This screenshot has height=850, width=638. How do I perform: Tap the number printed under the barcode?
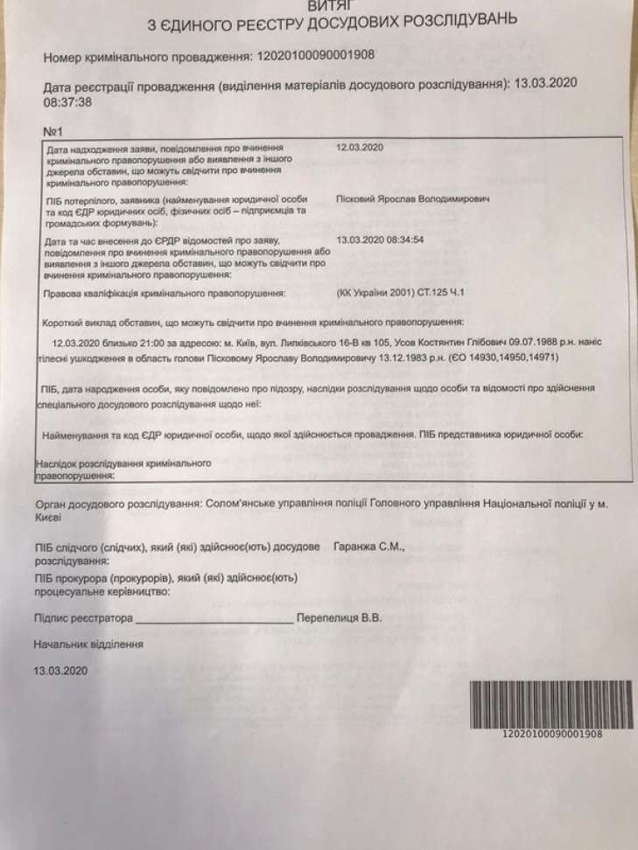(551, 734)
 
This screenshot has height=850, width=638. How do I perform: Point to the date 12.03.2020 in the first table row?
(360, 148)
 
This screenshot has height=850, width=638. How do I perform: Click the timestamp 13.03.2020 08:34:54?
(380, 238)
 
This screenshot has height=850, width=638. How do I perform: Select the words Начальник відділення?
(88, 644)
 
